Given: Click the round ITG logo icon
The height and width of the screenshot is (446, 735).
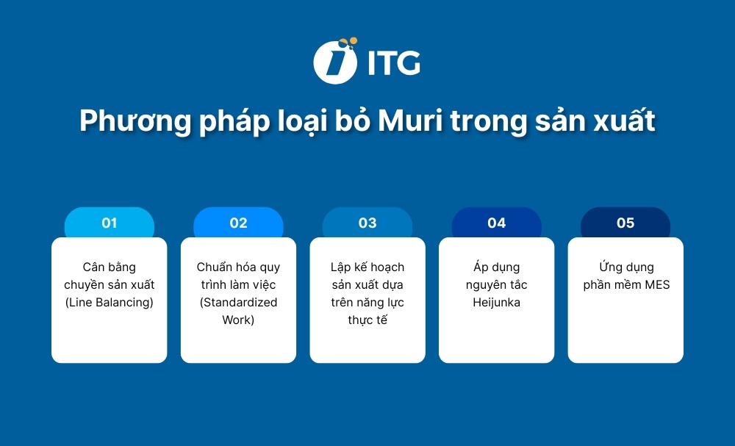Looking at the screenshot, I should coord(335,61).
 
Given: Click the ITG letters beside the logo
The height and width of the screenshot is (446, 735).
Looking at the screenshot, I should coord(393,63).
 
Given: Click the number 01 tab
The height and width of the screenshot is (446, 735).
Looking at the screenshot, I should coord(110,223).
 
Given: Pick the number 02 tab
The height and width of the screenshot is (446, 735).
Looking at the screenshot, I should coord(238,223).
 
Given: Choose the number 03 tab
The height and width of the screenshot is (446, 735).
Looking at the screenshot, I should coord(367,223).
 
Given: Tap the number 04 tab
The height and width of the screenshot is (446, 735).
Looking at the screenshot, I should coord(497,223).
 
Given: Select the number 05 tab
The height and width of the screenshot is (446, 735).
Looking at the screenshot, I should coord(625,223).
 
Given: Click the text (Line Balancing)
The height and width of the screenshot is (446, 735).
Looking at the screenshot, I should coord(110,303).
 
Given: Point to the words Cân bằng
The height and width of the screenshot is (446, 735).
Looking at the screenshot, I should coord(110,267).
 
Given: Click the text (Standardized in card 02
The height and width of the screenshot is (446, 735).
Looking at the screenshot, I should coord(238,303).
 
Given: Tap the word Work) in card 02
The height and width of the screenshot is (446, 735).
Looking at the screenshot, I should coord(238,320).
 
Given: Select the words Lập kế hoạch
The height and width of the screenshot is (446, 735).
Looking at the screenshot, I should coord(367,267).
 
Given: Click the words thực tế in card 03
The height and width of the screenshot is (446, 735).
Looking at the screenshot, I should coord(367,320).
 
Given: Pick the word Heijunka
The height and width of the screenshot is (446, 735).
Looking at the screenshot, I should coord(497,303).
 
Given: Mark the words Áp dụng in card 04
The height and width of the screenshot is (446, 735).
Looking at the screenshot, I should coord(497,267).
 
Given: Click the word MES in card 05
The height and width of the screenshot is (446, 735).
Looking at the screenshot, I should coord(657,285).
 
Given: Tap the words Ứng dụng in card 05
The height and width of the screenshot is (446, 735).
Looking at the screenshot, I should coord(625,267).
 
